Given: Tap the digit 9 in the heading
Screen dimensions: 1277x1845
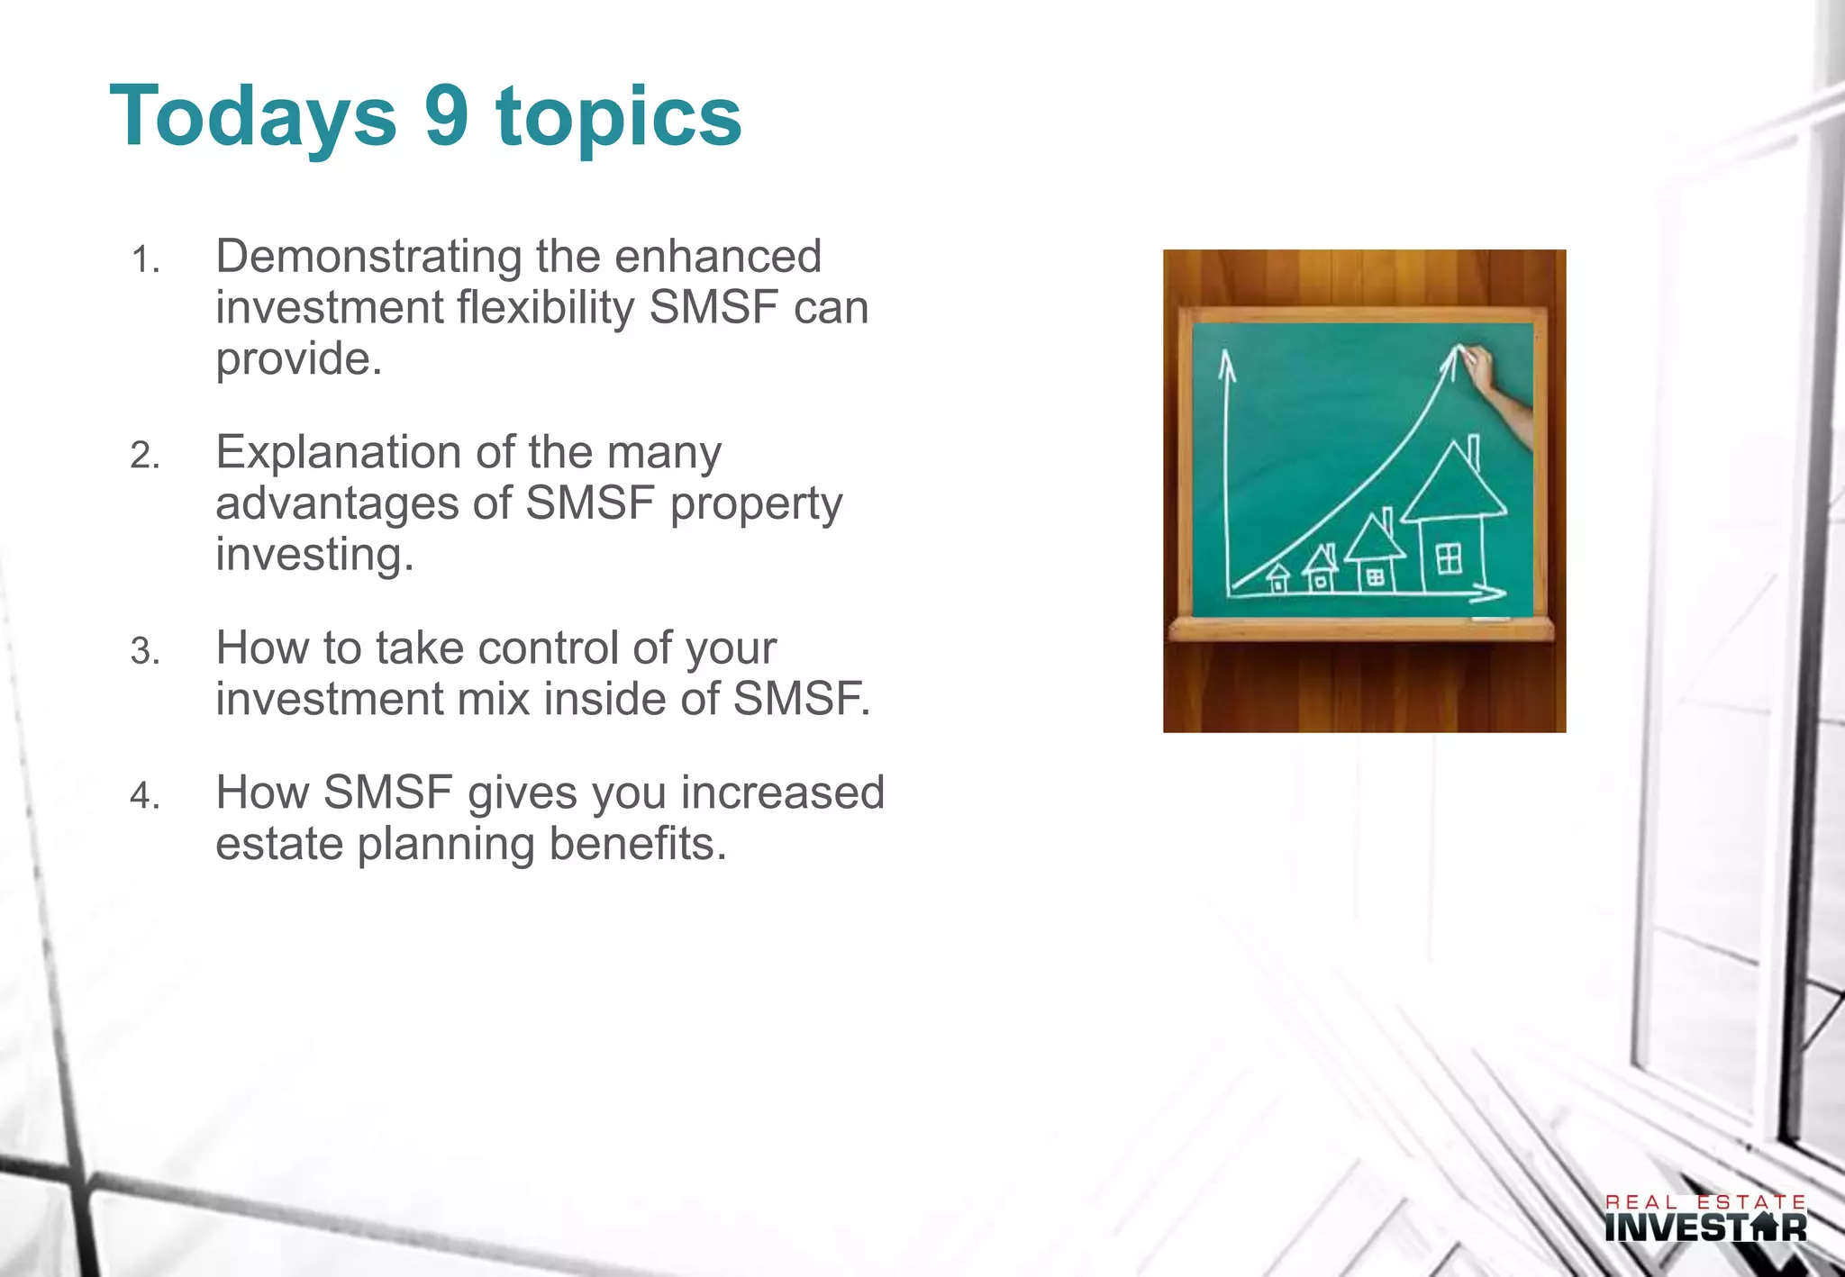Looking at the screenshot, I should (447, 115).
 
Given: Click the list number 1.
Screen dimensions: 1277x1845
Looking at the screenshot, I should (144, 261).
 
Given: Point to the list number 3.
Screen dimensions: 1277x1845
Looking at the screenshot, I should (144, 651).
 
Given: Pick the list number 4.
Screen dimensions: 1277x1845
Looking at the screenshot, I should (144, 796).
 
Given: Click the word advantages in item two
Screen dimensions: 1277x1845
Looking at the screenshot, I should (337, 503).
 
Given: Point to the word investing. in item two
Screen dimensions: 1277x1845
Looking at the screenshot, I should (314, 553).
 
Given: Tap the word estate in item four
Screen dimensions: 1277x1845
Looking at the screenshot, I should (279, 844).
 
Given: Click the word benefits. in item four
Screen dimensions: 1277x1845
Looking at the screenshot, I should (637, 844).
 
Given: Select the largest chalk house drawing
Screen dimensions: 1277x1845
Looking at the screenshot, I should (1452, 522).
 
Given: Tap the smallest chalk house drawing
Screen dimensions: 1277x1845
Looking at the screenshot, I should (1277, 578).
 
